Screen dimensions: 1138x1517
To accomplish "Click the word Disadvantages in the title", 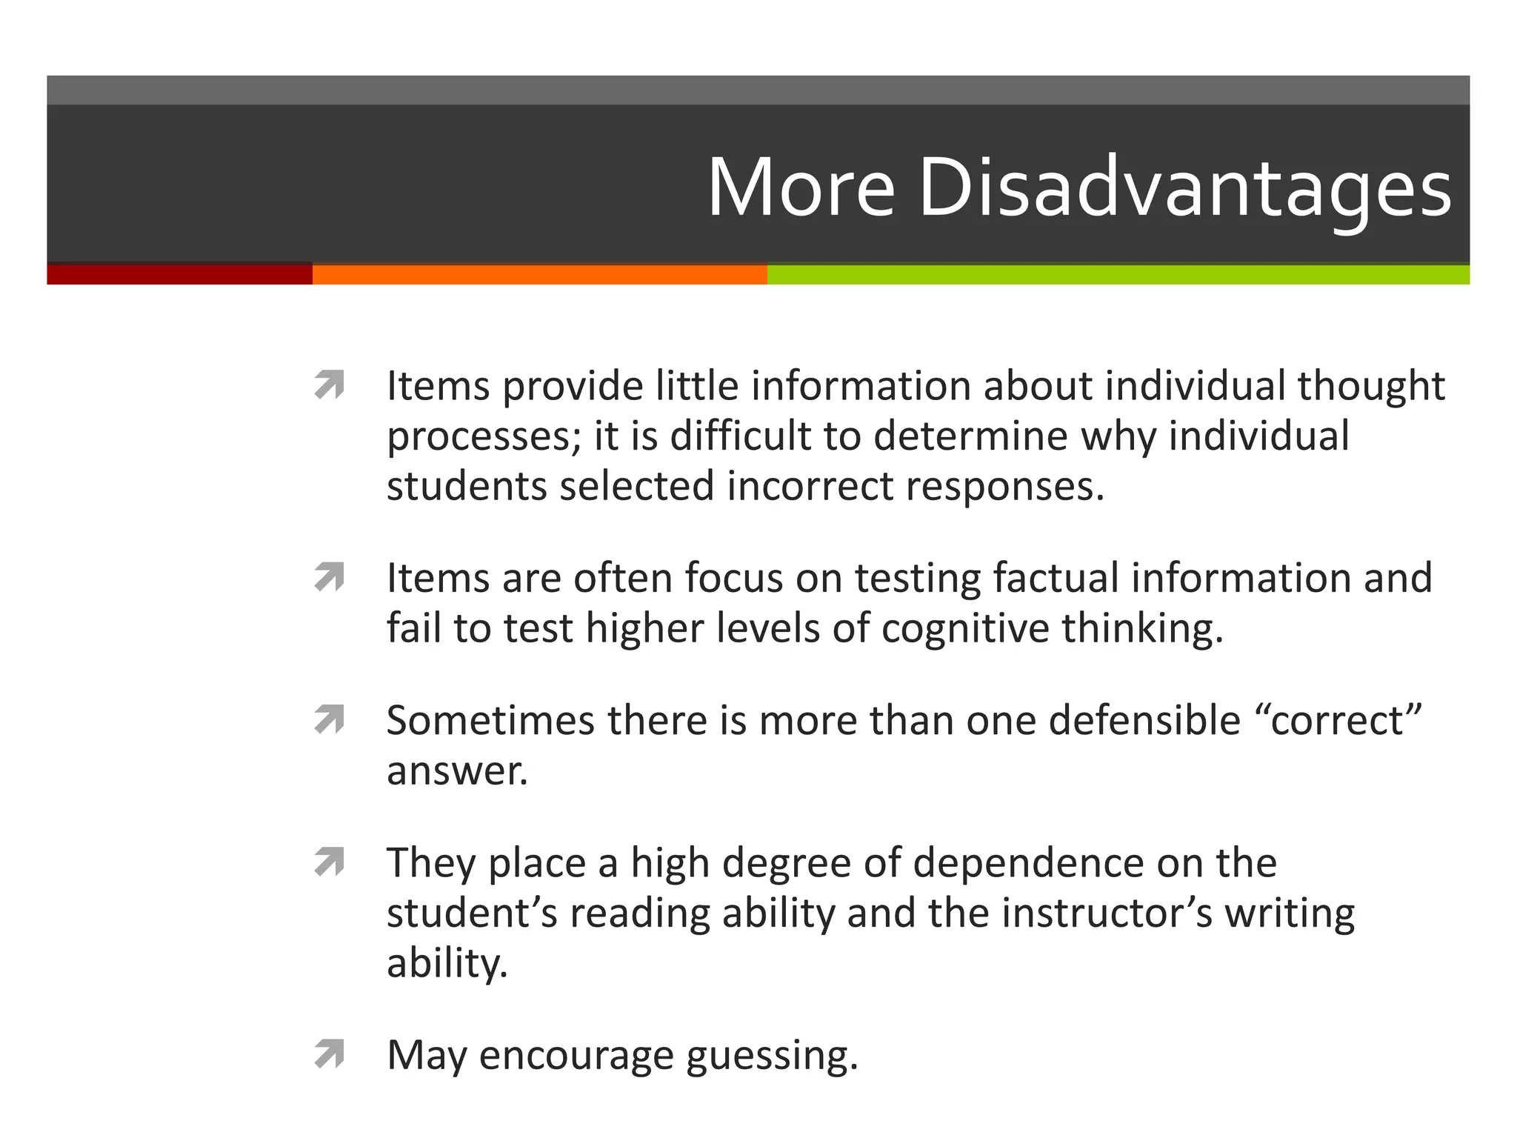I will [x=1184, y=189].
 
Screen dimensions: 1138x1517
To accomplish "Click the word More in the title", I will [x=801, y=189].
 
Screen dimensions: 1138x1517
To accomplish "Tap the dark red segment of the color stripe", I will [x=179, y=275].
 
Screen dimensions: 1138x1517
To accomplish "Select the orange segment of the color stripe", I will [x=539, y=275].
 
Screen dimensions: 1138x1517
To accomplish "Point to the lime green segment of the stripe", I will [x=1118, y=275].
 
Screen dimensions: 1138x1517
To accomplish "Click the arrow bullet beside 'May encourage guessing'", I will [x=330, y=1054].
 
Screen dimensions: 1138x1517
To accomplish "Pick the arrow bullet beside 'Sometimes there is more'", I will [x=330, y=719].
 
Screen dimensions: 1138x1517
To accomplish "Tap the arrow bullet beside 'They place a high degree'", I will [x=330, y=862].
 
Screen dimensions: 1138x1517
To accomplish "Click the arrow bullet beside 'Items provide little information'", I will [x=330, y=385].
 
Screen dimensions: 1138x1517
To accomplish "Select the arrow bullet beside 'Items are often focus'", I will [x=330, y=577].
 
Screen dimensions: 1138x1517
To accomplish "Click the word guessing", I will [x=772, y=1056].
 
